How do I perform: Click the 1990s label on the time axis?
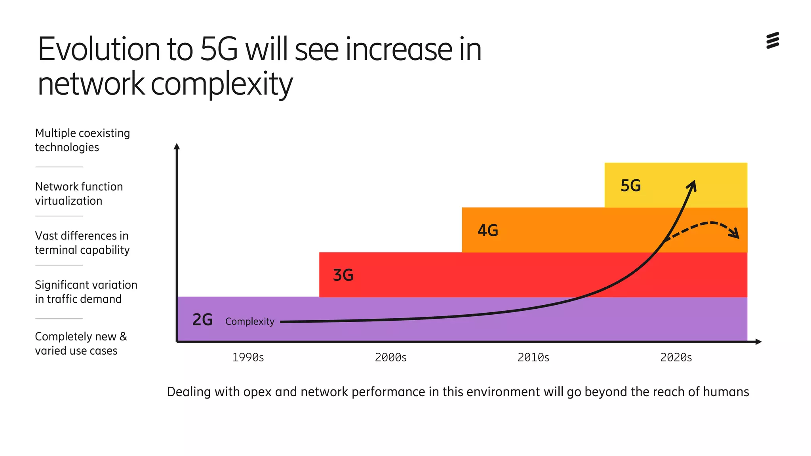coord(248,357)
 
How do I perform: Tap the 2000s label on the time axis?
coord(390,357)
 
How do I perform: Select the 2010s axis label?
coord(533,357)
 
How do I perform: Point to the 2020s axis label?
coord(676,357)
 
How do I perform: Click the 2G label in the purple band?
coord(202,320)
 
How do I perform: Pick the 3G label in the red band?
coord(343,275)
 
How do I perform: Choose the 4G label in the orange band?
coord(487,230)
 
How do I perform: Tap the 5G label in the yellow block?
coord(630,186)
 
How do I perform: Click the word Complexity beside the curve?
coord(249,321)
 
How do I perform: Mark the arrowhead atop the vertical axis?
coord(177,146)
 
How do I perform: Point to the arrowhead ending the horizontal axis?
coord(758,342)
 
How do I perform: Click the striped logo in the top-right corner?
coord(773,40)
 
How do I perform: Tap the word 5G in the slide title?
coord(219,49)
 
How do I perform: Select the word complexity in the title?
coord(221,84)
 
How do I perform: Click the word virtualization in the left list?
coord(69,201)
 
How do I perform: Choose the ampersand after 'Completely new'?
coord(124,336)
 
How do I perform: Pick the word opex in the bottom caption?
coord(257,392)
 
